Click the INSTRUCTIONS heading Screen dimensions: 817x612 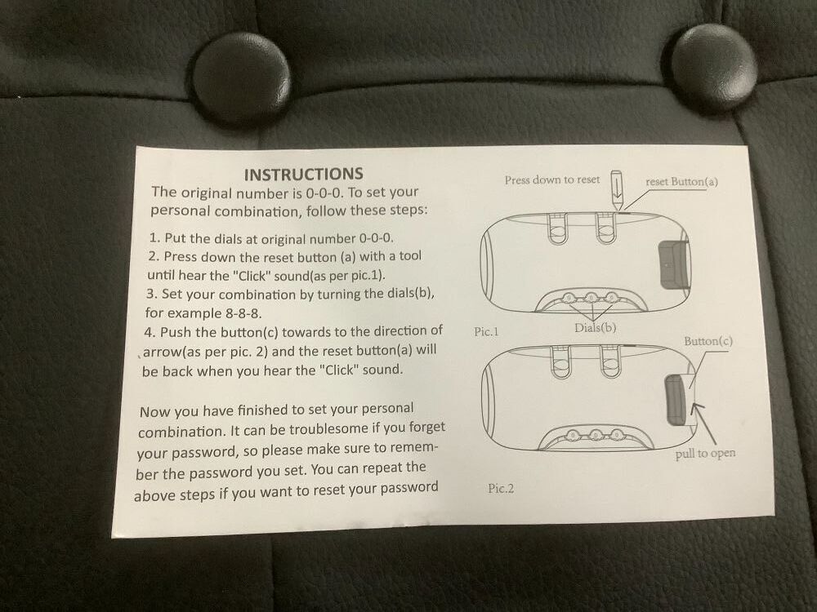[303, 175]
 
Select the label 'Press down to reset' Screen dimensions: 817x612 [551, 180]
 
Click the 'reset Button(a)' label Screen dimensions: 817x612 [681, 182]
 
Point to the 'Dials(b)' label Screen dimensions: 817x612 [595, 328]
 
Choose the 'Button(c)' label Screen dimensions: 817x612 [708, 341]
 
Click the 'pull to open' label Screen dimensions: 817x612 [706, 454]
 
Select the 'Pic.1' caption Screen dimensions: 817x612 [486, 331]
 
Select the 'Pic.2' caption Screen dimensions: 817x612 [501, 488]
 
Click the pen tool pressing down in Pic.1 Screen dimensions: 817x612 [616, 189]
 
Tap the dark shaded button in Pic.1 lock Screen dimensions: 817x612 [672, 264]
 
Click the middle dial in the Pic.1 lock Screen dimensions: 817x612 [591, 298]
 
